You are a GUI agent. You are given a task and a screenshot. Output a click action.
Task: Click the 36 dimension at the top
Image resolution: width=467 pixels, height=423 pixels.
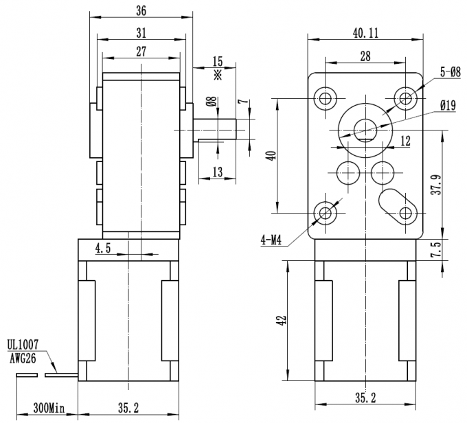pyautogui.click(x=141, y=11)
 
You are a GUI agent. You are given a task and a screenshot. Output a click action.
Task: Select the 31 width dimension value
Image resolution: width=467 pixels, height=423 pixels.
pyautogui.click(x=141, y=32)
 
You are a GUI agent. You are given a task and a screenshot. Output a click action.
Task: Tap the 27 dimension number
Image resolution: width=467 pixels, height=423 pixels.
pyautogui.click(x=141, y=51)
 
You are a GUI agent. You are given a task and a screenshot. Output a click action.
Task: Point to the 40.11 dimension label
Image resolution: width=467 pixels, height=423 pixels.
pyautogui.click(x=365, y=32)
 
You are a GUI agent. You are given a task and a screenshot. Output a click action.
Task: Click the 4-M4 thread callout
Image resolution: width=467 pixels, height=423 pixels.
pyautogui.click(x=273, y=240)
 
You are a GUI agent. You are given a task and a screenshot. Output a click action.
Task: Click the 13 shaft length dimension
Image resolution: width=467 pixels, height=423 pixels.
pyautogui.click(x=217, y=172)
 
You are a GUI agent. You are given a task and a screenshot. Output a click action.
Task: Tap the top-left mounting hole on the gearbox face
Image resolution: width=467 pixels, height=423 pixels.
pyautogui.click(x=324, y=98)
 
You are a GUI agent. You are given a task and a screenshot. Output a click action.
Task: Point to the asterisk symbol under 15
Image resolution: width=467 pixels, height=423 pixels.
pyautogui.click(x=218, y=74)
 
